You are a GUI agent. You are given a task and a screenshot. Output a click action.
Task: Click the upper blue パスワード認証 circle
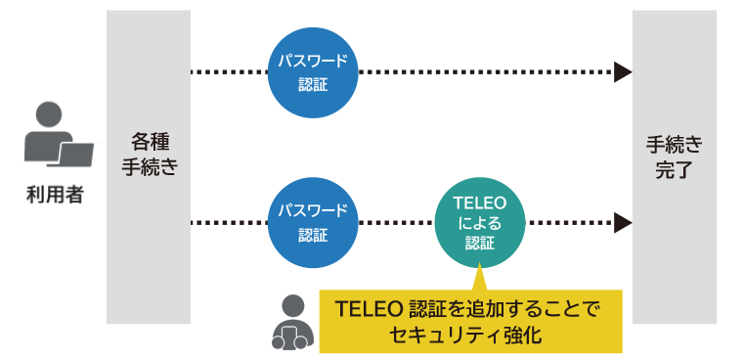pyautogui.click(x=312, y=71)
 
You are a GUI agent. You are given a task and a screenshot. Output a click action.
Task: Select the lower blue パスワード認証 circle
pyautogui.click(x=312, y=222)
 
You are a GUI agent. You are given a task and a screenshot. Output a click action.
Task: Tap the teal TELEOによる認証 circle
pyautogui.click(x=479, y=222)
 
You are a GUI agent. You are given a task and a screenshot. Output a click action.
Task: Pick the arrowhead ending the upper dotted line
pyautogui.click(x=622, y=71)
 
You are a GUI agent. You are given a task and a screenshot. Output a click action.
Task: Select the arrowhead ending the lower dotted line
pyautogui.click(x=622, y=223)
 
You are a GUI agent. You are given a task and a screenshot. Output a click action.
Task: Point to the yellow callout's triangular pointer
pyautogui.click(x=479, y=278)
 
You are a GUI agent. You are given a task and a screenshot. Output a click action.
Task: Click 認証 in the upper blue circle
pyautogui.click(x=312, y=84)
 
